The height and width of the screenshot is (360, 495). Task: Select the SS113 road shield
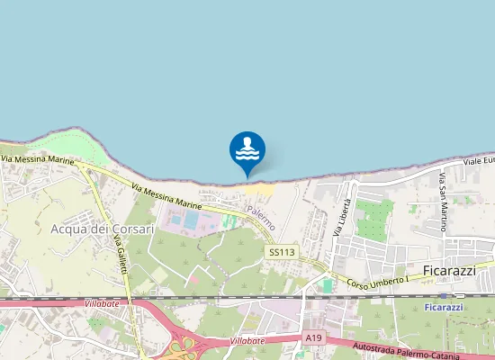click(282, 253)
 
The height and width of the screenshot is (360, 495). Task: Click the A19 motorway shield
click(312, 337)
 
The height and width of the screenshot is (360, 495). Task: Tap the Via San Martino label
click(443, 206)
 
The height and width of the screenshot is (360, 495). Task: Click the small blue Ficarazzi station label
click(443, 307)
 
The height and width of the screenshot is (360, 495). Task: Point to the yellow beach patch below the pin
click(260, 191)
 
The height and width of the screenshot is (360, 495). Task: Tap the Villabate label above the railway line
click(102, 305)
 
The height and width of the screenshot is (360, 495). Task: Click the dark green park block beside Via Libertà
click(374, 219)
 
